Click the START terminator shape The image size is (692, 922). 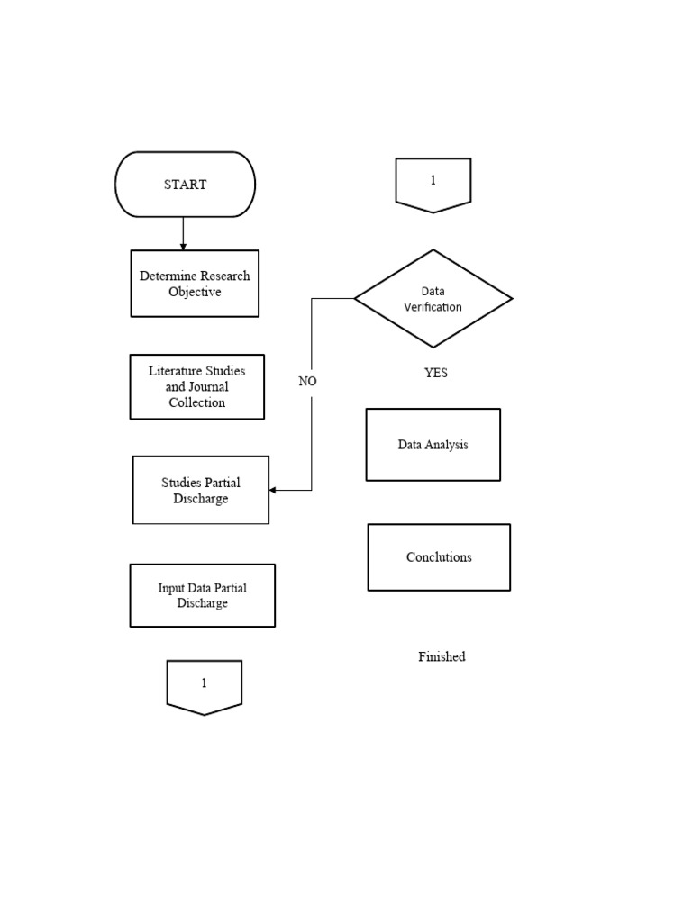pyautogui.click(x=185, y=185)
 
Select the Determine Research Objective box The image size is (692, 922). pyautogui.click(x=195, y=284)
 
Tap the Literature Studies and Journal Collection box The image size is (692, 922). pyautogui.click(x=196, y=386)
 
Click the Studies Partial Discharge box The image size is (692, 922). pyautogui.click(x=200, y=490)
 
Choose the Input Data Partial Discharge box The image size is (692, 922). pyautogui.click(x=202, y=595)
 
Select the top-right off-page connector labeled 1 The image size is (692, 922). pyautogui.click(x=432, y=184)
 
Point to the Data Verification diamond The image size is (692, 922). pyautogui.click(x=432, y=298)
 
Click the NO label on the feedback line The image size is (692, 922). pyautogui.click(x=307, y=381)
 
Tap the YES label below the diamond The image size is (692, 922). pyautogui.click(x=435, y=373)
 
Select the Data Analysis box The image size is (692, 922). pyautogui.click(x=432, y=445)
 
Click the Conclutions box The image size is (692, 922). pyautogui.click(x=439, y=557)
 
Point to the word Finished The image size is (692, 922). pyautogui.click(x=442, y=657)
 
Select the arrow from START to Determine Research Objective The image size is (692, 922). pyautogui.click(x=183, y=233)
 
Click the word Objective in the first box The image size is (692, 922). pyautogui.click(x=195, y=293)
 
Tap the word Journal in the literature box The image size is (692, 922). pyautogui.click(x=209, y=387)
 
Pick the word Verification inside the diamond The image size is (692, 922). pyautogui.click(x=432, y=307)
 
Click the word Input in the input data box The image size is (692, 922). pyautogui.click(x=171, y=588)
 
